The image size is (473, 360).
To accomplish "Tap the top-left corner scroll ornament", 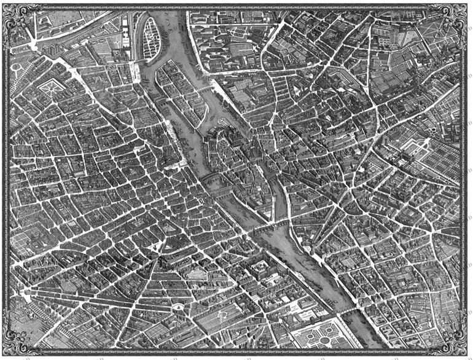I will (14, 14).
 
